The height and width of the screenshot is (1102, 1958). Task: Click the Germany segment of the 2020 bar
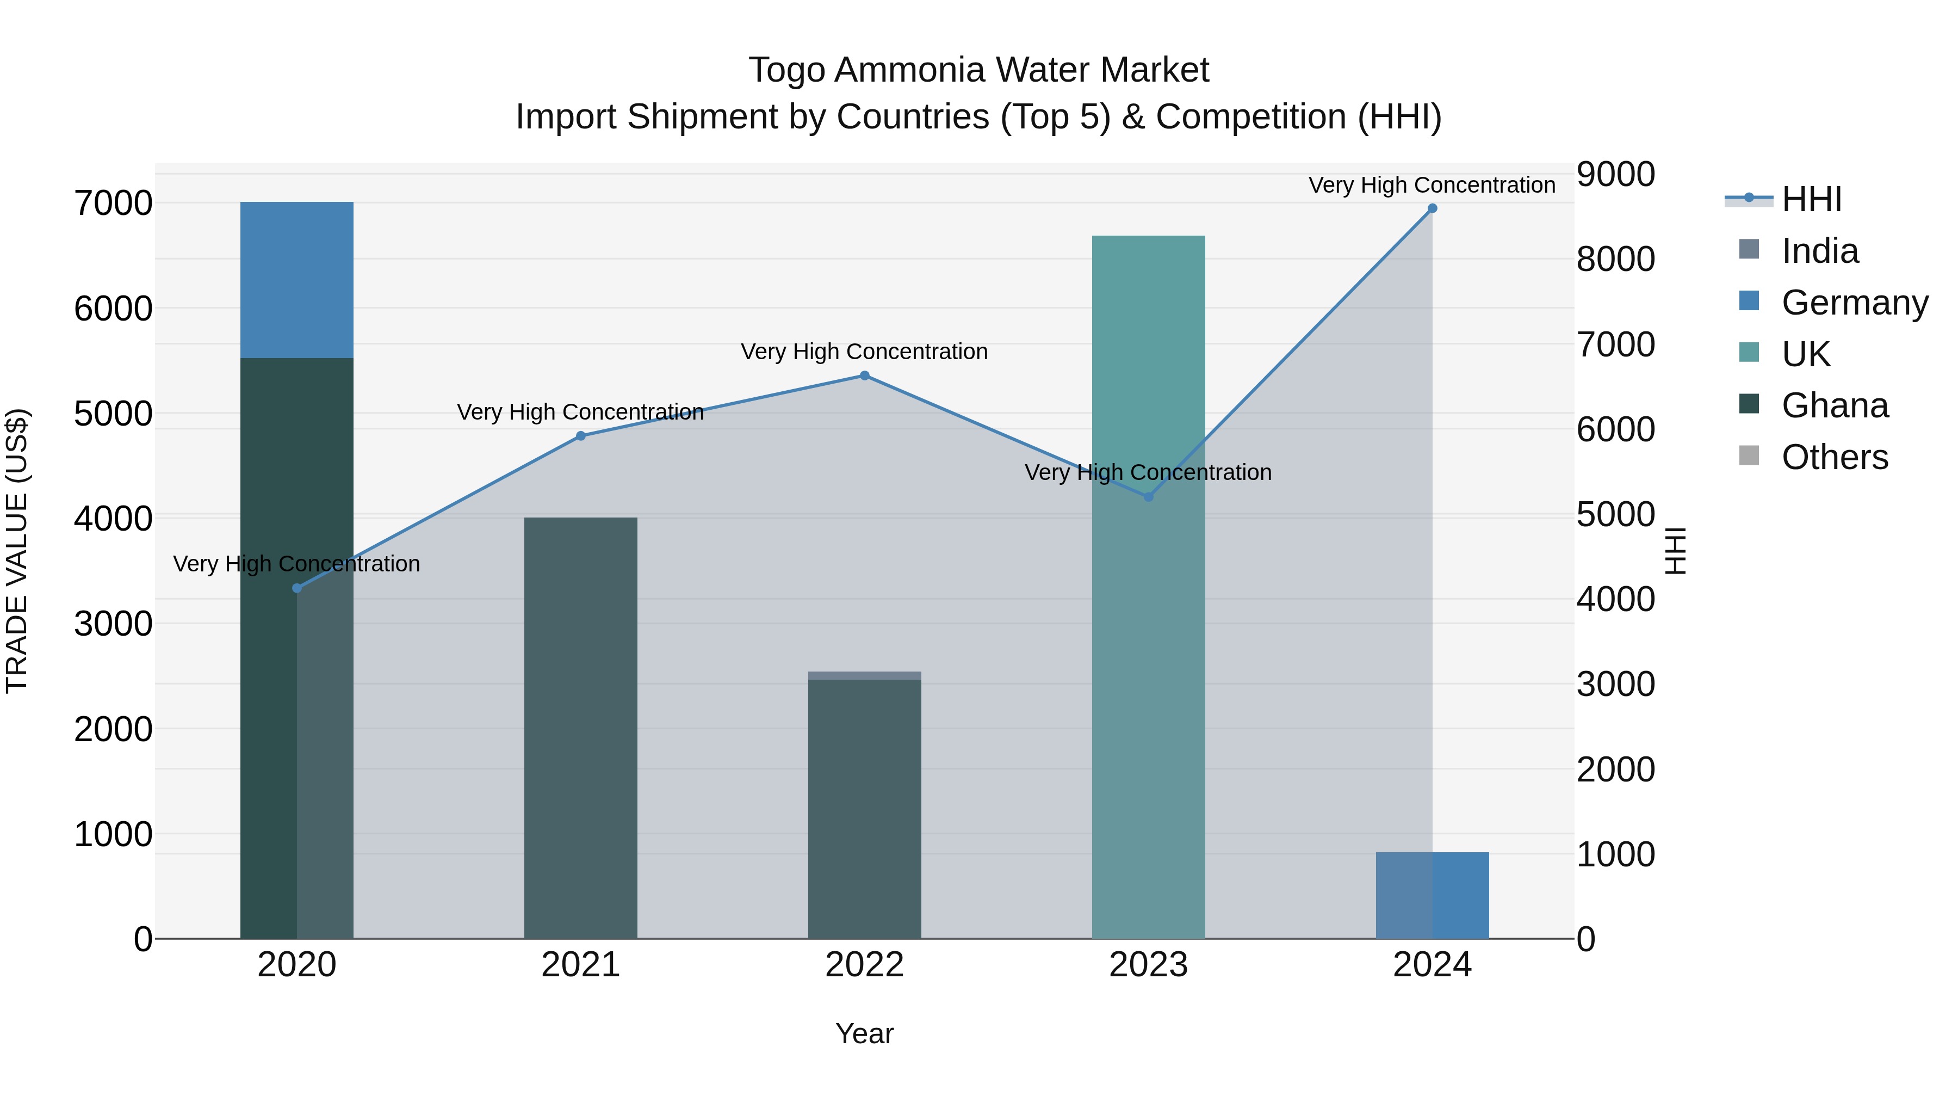(296, 279)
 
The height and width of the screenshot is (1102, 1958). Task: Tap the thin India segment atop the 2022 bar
(864, 675)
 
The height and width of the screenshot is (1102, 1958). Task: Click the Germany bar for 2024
(1432, 895)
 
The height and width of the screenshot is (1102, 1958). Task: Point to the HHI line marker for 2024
(1432, 208)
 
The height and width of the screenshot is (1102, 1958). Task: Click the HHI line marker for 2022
(864, 375)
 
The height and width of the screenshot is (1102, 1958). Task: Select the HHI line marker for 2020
(296, 588)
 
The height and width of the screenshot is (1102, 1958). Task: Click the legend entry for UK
(1806, 354)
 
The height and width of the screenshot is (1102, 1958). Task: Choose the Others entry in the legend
(1834, 458)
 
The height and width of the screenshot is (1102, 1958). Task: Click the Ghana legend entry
(1834, 406)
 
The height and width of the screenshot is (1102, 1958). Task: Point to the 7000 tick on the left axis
(113, 204)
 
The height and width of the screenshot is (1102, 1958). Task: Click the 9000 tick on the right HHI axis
(1615, 174)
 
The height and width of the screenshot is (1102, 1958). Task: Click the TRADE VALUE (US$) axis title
(17, 551)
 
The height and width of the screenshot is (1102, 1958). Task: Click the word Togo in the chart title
(786, 71)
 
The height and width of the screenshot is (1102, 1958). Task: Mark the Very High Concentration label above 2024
(1432, 186)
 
